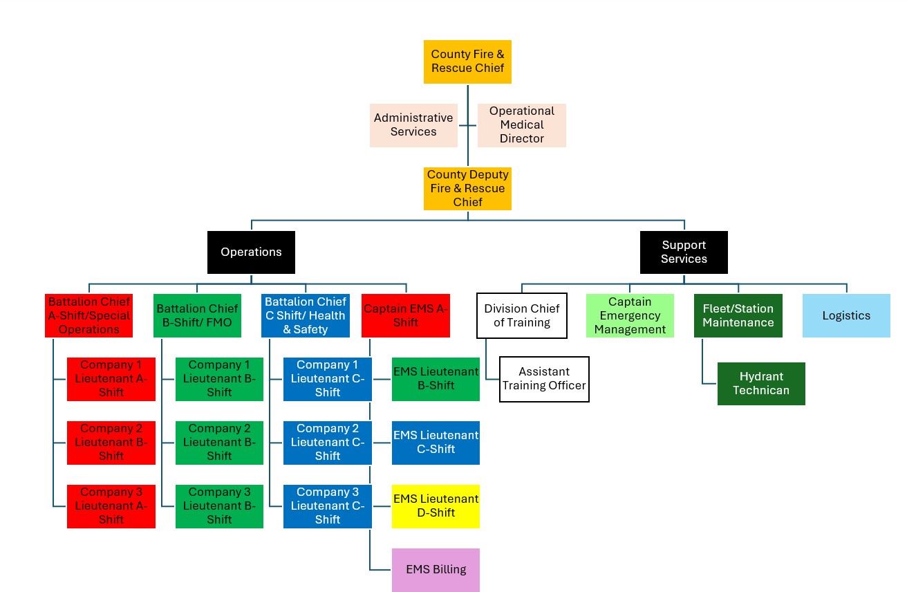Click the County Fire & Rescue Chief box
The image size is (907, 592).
(467, 62)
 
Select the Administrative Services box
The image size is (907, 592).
(413, 125)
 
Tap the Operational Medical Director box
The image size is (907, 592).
(522, 125)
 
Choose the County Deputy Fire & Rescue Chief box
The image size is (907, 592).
(467, 189)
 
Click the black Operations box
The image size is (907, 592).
(251, 252)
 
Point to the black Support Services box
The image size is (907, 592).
(684, 252)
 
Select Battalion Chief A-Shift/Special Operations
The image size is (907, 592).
(88, 316)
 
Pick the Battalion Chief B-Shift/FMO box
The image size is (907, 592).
(197, 316)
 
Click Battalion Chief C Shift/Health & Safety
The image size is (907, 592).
(306, 316)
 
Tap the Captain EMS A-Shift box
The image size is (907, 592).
(406, 316)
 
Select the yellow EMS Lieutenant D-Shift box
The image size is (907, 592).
(436, 506)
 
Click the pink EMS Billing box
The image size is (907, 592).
(436, 570)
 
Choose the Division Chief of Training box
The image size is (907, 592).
(522, 316)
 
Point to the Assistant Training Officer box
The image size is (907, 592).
(544, 379)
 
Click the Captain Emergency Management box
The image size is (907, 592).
(630, 316)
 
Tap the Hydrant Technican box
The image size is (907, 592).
(761, 384)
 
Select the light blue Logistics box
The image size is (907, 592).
(846, 316)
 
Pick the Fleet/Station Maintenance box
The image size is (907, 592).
(738, 316)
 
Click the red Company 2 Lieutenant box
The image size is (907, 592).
(111, 443)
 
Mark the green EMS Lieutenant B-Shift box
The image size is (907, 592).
(436, 379)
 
